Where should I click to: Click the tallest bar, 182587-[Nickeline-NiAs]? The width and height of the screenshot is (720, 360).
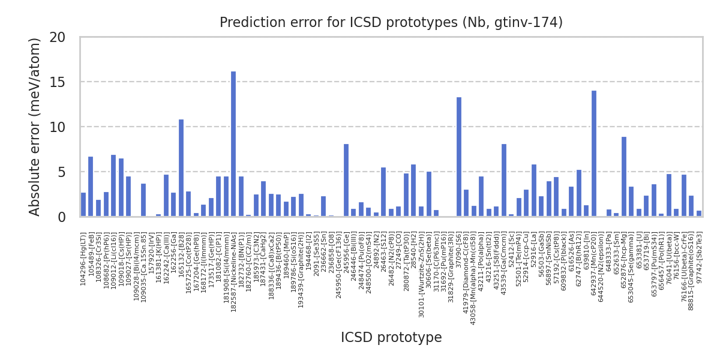[233, 144]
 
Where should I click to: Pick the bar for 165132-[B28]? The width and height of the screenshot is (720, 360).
[181, 168]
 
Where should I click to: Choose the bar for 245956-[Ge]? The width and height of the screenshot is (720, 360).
[346, 181]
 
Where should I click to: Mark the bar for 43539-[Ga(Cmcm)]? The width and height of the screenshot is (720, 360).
[504, 181]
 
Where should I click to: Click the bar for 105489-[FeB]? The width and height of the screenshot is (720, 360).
[91, 187]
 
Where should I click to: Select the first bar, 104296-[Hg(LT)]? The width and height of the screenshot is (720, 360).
[83, 205]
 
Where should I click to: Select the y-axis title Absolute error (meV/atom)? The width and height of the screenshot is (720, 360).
[35, 127]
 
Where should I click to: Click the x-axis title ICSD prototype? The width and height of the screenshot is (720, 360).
[391, 338]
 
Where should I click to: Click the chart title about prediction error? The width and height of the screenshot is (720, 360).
[391, 23]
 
